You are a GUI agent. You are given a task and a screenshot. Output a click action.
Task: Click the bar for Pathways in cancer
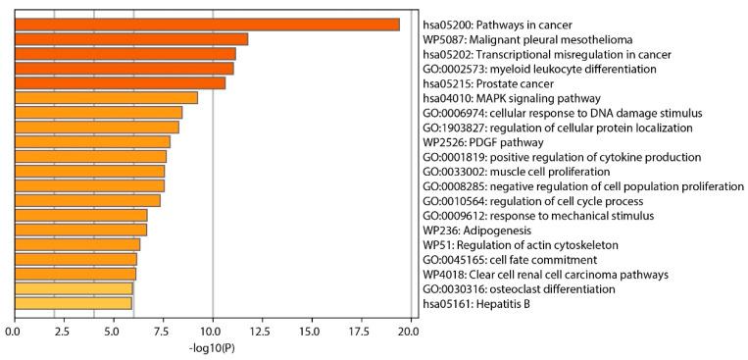tap(206, 25)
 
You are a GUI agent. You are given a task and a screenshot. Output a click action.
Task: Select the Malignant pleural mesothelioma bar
tap(130, 39)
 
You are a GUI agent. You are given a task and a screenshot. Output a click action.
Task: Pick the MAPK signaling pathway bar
tap(106, 98)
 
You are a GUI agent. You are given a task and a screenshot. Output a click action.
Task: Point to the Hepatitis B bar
tap(73, 303)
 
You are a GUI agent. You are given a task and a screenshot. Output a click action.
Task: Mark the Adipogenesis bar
tap(80, 230)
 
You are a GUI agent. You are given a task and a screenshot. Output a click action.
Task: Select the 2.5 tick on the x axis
tap(54, 331)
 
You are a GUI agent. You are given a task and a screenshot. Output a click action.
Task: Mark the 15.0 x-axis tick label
tap(311, 331)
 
